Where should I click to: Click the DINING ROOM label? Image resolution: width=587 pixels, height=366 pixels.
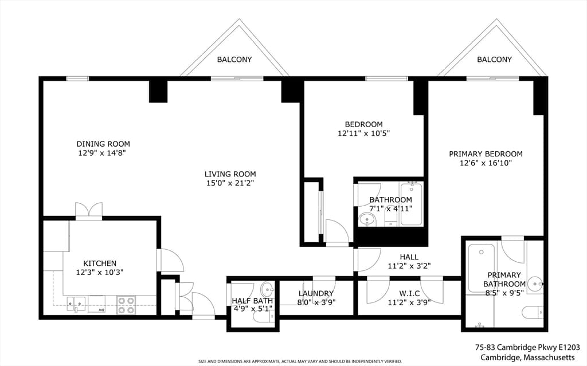pos(103,144)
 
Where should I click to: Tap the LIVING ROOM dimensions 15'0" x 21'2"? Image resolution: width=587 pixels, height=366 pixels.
pos(230,183)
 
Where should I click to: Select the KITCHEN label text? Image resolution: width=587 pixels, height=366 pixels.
pos(100,263)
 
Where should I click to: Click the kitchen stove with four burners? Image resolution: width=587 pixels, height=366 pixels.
pos(126,305)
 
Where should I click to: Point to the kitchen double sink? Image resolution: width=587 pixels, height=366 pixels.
pos(76,304)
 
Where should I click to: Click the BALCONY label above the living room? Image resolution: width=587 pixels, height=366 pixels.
pos(234,59)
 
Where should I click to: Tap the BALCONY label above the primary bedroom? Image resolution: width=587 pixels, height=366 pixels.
pos(494,59)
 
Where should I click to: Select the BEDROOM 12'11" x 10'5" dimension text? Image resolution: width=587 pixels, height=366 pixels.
pos(364,133)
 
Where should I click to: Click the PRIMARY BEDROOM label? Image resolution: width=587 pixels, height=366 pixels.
pos(486,154)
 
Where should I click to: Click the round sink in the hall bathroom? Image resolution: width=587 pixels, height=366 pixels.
pos(367,220)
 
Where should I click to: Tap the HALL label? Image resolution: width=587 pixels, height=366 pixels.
pos(409,257)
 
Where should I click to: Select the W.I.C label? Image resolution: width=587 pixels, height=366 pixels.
pos(409,293)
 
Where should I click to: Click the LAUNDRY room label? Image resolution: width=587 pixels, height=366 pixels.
pos(316,293)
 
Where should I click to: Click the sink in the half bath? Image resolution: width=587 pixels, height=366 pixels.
pos(268,289)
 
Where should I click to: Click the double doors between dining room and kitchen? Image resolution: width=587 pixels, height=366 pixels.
pos(89,210)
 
